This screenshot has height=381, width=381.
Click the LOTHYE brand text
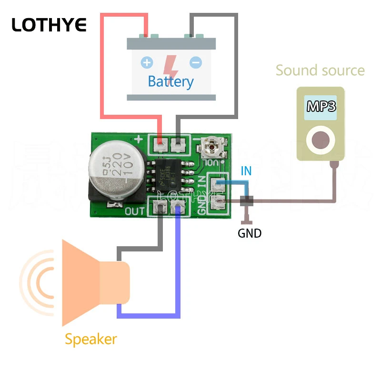49,24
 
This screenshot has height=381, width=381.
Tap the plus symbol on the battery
147,62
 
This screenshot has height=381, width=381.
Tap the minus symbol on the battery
195,62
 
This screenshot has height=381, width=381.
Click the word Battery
170,81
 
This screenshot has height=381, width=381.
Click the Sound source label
320,70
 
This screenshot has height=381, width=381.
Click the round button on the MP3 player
321,139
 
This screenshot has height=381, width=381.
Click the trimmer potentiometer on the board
210,146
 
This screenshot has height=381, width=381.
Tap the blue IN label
246,171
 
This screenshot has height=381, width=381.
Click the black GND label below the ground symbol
250,233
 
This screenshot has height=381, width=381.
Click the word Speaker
90,339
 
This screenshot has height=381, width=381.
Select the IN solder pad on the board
219,184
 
